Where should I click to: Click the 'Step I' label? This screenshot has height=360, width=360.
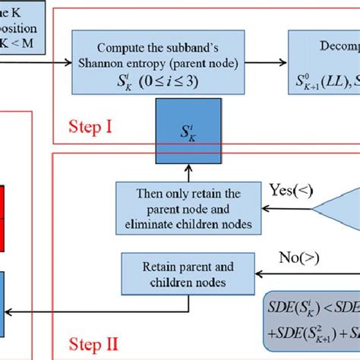[90, 125]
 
